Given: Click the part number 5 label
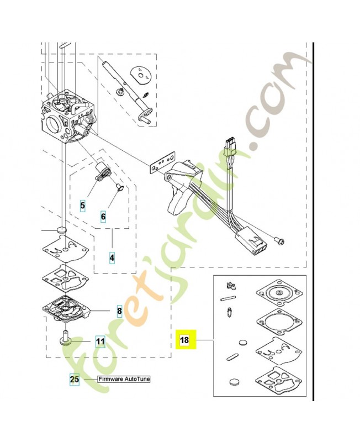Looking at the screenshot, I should tap(83, 206).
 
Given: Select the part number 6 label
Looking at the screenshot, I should tap(103, 217).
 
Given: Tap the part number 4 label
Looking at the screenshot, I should tap(112, 257).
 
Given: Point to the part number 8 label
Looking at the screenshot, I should tap(119, 311).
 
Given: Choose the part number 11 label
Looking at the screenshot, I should tap(99, 341).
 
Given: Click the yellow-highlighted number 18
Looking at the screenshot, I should tap(184, 340).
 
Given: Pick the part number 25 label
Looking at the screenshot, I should tap(75, 380).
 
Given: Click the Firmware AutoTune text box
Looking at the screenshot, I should tap(123, 380).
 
